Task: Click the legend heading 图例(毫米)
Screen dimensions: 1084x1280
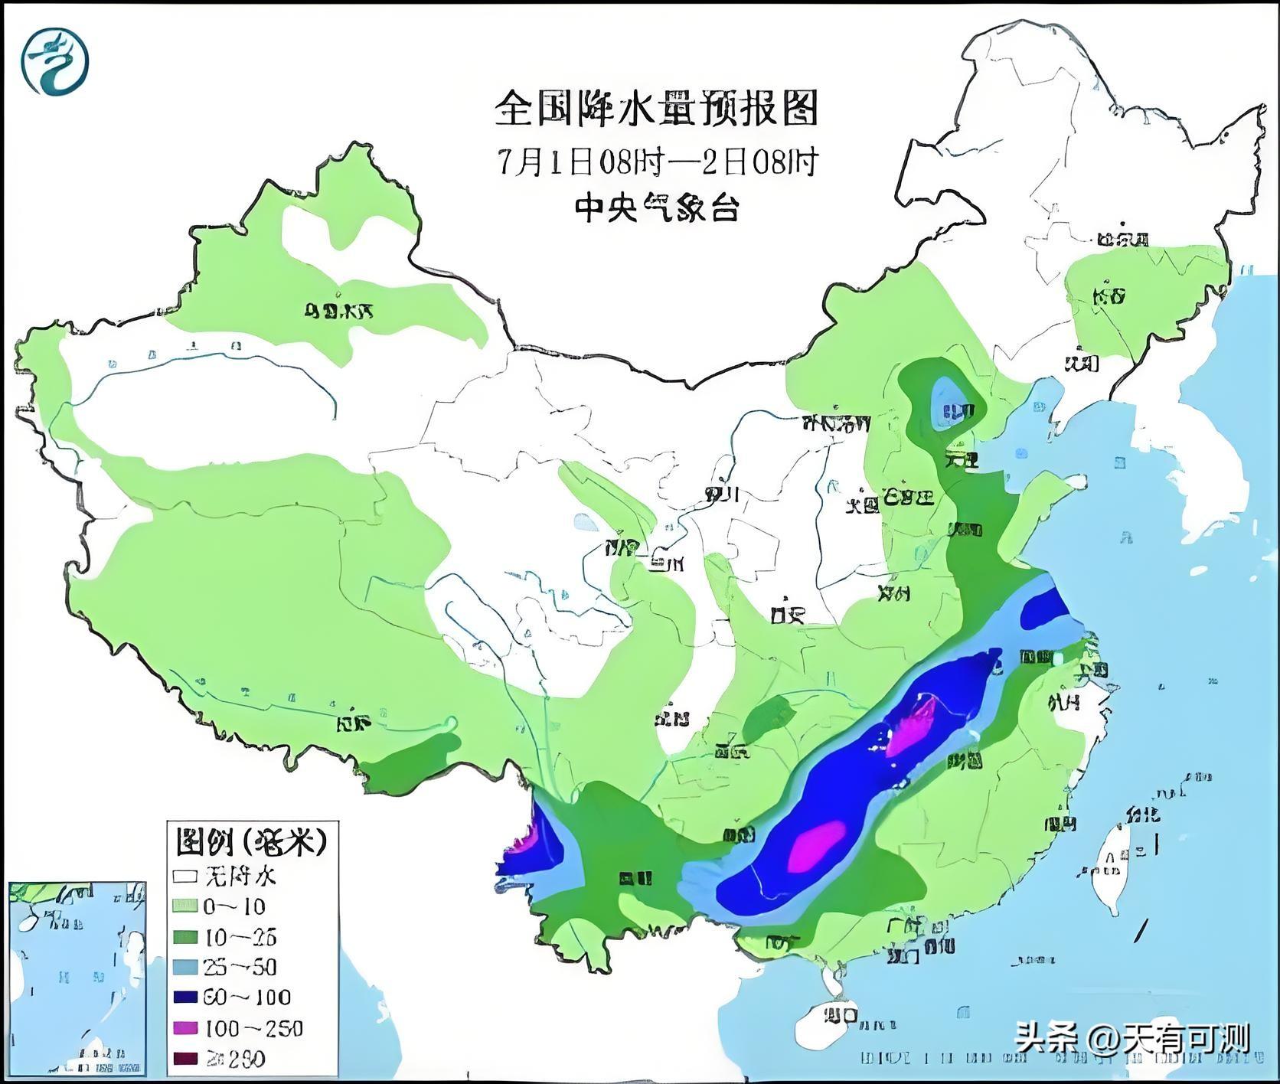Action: point(251,843)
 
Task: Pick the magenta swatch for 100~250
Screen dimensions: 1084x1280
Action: point(186,1028)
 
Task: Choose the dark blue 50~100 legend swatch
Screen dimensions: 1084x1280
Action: point(186,997)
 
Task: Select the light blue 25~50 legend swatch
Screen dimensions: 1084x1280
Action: point(186,967)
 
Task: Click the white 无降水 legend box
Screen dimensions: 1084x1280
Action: point(186,876)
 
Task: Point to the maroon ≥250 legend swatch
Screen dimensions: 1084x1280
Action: point(186,1059)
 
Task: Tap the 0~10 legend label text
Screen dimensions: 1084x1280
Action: point(233,906)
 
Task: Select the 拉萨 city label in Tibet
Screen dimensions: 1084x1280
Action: point(354,723)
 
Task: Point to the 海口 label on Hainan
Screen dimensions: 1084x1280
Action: point(840,1017)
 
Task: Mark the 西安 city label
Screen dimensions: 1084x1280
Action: point(789,613)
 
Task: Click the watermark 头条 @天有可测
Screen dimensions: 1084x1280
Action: point(1133,1038)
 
